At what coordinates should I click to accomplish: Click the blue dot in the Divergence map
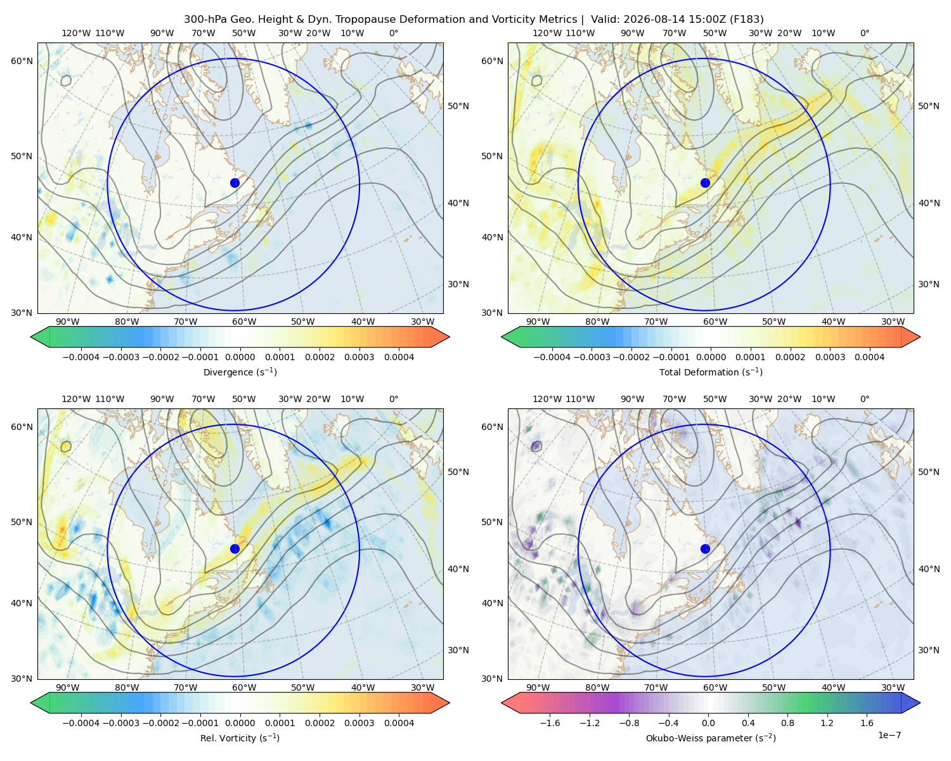tap(235, 183)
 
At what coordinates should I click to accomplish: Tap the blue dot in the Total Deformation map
tap(705, 183)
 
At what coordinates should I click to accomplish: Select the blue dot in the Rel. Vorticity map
tap(235, 549)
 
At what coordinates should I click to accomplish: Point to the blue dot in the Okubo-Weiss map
tap(705, 549)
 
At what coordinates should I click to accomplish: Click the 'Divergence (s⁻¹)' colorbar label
tap(240, 372)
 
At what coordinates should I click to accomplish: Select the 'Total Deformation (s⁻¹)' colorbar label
tap(711, 372)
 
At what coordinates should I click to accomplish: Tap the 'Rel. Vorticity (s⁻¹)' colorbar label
tap(240, 738)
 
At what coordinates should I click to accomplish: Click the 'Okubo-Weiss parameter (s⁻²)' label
tap(711, 738)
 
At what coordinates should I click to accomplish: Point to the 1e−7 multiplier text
tap(889, 736)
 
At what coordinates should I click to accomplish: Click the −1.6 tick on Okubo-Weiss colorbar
tap(550, 723)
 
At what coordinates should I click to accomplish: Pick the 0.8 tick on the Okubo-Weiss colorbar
tap(787, 723)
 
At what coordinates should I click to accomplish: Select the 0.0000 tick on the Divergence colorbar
tap(240, 357)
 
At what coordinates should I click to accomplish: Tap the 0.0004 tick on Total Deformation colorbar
tap(870, 357)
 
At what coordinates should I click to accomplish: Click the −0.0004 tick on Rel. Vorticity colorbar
tap(81, 723)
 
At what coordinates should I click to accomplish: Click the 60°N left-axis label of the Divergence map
tap(22, 61)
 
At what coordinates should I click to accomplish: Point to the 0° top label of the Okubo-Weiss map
tap(864, 399)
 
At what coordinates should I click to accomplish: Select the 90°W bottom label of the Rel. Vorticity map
tap(68, 687)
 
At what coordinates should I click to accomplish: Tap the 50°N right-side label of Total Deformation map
tap(928, 106)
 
